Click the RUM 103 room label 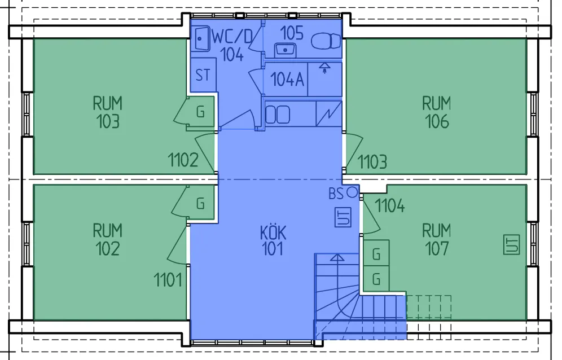[107, 112]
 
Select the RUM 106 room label [437, 112]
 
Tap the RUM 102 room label [107, 239]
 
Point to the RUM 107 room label [437, 239]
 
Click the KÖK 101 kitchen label [273, 240]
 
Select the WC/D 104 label [232, 45]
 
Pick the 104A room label [288, 80]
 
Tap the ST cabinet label [203, 74]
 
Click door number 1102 [183, 160]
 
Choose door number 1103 [372, 162]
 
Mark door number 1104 [390, 205]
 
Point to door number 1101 [168, 279]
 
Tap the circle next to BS [352, 192]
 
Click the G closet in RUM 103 [200, 112]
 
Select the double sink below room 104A [277, 115]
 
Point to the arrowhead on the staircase [337, 258]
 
